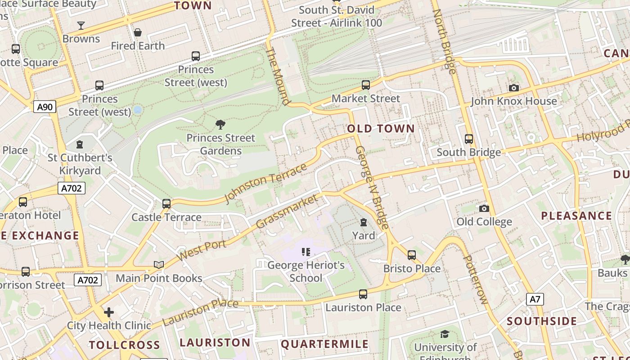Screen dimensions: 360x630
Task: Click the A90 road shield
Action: coord(45,107)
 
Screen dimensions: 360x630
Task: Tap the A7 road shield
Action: coord(535,299)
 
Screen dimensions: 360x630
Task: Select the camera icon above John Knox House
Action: coord(513,88)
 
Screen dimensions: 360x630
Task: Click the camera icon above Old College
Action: coord(484,208)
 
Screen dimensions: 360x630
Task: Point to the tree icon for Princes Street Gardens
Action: coord(220,124)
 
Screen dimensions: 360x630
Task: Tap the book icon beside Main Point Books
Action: coord(159,265)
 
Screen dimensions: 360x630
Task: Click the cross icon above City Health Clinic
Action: coord(109,312)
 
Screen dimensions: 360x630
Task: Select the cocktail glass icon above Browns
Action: coord(81,25)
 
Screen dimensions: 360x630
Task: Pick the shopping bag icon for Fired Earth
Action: coord(138,32)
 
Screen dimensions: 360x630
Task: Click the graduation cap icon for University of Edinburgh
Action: coord(445,334)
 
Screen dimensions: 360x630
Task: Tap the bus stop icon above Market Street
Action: coord(366,85)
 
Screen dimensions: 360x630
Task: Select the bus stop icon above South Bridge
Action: coord(469,139)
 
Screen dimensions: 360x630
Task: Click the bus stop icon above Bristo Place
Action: coord(412,255)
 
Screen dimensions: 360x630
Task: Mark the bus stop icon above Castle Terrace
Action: coord(166,203)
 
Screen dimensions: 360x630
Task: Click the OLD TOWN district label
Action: coord(381,129)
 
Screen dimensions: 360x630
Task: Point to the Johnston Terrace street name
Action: coord(265,183)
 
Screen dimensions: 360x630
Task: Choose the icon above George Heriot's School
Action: coord(306,252)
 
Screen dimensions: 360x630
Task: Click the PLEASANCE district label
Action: coord(576,216)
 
